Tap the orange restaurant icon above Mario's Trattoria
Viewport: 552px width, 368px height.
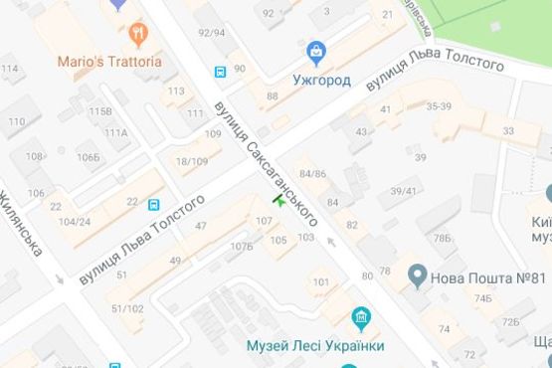click(x=138, y=34)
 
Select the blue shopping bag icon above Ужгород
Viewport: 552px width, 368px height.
click(x=315, y=51)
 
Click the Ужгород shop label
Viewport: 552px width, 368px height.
click(x=321, y=79)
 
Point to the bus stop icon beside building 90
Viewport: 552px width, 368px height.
click(x=220, y=71)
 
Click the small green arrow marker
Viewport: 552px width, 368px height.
click(x=278, y=202)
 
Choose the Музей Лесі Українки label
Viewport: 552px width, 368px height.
click(x=314, y=346)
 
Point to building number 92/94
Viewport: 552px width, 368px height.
click(x=212, y=32)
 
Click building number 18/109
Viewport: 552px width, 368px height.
click(x=191, y=160)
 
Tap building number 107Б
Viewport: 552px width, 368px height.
click(x=241, y=245)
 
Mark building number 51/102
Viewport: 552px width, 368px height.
click(x=127, y=308)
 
